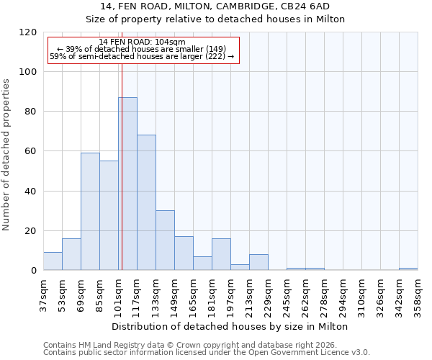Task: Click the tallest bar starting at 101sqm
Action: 127,184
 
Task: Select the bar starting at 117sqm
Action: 146,202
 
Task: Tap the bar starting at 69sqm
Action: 90,212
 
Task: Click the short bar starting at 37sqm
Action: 53,261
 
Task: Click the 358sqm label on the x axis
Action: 418,295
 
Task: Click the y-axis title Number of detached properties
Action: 6,154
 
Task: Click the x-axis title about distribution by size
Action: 230,326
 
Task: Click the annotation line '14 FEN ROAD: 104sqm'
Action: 142,42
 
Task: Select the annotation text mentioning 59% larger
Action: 142,56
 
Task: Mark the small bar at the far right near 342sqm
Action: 408,269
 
